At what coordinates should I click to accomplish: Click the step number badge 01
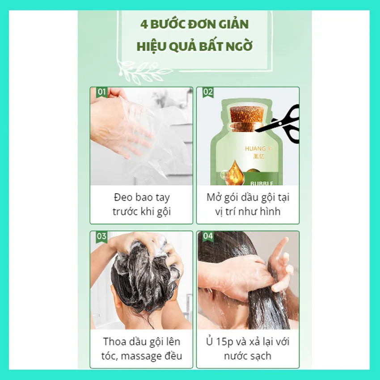coord(101,92)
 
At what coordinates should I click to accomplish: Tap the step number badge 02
coord(208,92)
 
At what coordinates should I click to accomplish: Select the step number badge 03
coord(101,236)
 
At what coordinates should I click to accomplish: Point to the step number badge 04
coord(208,236)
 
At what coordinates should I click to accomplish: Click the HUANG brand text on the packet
coord(255,148)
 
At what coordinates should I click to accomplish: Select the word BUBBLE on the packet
coord(262,184)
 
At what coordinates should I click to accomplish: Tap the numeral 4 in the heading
coord(144,25)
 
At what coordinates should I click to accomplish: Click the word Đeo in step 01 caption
coord(123,197)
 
